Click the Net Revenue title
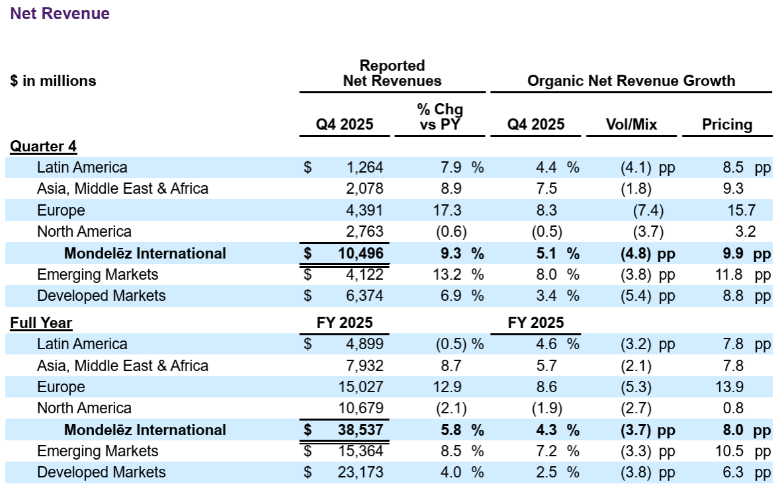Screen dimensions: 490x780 (x=60, y=14)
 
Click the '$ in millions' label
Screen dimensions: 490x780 (x=53, y=81)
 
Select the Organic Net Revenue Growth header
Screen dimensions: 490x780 (x=631, y=81)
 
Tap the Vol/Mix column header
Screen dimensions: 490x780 (x=631, y=124)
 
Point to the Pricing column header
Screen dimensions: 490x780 (x=727, y=124)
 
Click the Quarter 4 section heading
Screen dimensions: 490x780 (x=44, y=146)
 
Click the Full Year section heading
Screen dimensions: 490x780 (x=41, y=323)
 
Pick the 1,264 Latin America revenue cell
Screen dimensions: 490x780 (x=365, y=167)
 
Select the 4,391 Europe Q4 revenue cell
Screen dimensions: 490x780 (x=365, y=210)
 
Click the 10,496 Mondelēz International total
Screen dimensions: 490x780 (x=360, y=253)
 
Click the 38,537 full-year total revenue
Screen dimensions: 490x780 (x=360, y=430)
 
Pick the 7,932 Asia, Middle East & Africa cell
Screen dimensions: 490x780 (x=365, y=366)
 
